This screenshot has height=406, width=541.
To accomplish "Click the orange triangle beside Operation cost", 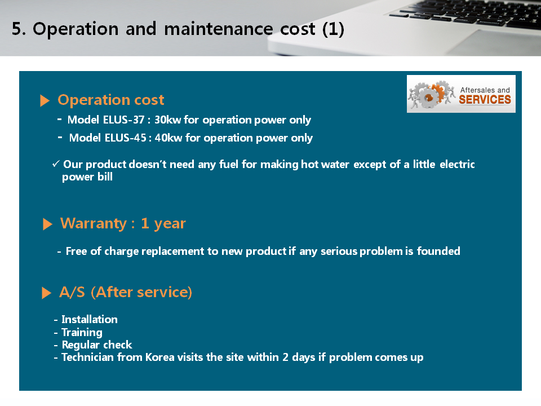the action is [45, 100].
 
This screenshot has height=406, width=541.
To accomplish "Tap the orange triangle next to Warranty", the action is [47, 224].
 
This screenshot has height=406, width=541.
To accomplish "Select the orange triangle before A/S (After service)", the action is [46, 293].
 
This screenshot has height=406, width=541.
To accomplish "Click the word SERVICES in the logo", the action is [485, 100].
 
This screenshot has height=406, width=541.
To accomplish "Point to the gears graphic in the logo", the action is [431, 94].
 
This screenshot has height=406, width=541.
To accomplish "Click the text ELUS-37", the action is [123, 120].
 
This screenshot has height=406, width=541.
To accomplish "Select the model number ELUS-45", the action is [126, 138].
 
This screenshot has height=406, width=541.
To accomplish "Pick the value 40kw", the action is [168, 138].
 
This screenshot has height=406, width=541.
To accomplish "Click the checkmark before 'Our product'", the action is [56, 164].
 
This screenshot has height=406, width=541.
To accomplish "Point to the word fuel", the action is [229, 164].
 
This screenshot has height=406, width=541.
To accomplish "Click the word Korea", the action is [159, 357].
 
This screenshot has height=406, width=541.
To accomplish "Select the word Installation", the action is [90, 319].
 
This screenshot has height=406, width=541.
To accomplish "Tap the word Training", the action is [82, 332].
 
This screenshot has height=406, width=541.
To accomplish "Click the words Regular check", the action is [97, 345].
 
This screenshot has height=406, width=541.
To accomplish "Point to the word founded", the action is [438, 251].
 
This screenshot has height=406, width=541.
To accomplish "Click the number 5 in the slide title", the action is [16, 29].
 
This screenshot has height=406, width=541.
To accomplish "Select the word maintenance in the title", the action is [219, 29].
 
